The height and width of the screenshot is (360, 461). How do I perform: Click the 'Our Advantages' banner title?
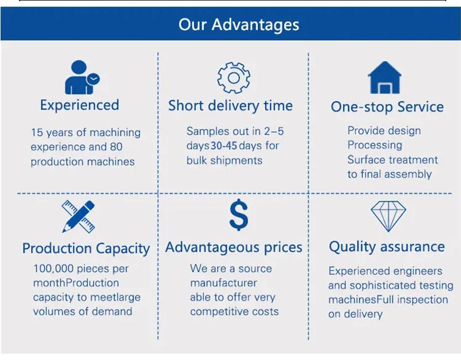[239, 24]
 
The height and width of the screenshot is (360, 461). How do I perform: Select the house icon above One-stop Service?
[384, 77]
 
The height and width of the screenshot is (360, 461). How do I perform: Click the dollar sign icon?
[239, 215]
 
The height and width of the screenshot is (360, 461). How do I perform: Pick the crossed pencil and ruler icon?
[78, 217]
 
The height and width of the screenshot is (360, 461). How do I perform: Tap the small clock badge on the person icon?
[93, 79]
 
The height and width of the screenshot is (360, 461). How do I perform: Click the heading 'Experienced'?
[79, 105]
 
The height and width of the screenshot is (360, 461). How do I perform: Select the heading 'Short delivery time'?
[230, 106]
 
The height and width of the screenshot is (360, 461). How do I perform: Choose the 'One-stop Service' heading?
[387, 107]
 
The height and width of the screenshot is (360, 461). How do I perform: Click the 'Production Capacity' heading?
[86, 248]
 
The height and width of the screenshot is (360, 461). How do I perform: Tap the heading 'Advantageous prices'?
[234, 247]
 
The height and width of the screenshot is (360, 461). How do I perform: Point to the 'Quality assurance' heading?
[387, 247]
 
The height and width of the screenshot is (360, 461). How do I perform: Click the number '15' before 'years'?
[37, 132]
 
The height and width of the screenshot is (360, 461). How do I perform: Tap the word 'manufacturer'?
[223, 283]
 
